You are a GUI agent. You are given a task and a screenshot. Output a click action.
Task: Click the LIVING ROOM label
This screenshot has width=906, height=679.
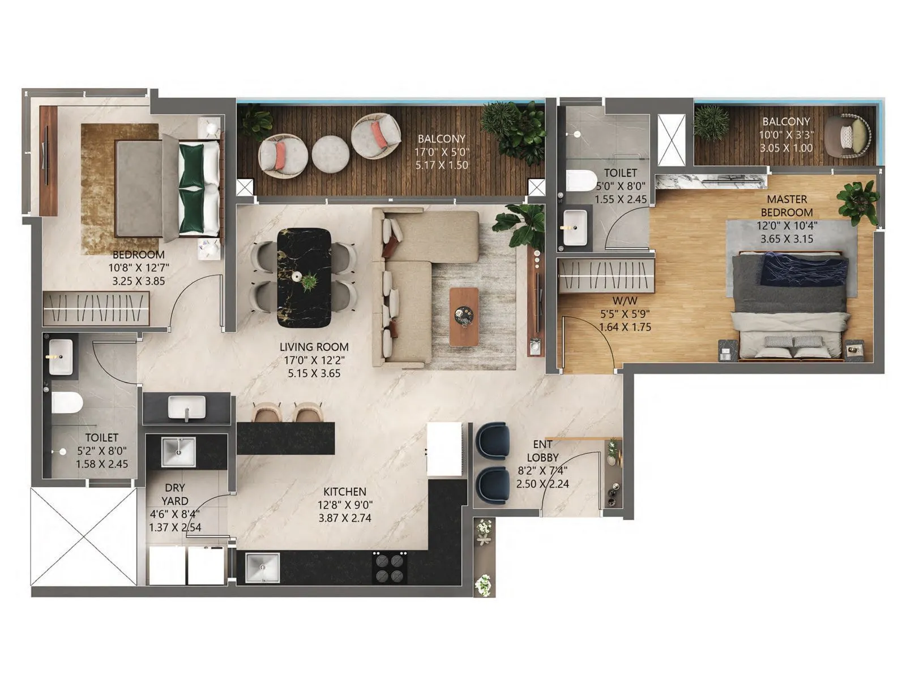314,347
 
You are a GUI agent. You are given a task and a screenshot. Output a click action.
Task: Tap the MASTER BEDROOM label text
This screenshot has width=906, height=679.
787,206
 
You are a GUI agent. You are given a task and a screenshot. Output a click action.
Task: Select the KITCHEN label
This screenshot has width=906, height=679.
345,492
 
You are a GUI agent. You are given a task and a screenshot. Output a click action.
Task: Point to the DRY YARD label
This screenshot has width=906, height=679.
175,494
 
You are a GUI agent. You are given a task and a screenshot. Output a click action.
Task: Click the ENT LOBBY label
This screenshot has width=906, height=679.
542,451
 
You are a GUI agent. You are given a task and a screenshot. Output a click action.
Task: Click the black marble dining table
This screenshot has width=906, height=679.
304,277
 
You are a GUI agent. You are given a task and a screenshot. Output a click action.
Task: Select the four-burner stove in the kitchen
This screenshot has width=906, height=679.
390,568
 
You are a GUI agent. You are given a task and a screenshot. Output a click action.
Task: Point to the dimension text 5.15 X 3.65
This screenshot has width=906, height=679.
314,373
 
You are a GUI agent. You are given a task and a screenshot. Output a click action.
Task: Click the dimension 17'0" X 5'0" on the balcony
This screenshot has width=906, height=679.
442,152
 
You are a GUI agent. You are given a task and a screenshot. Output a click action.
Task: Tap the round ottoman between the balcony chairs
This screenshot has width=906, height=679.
331,153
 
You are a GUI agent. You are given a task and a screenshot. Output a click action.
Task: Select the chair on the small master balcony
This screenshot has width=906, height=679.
848,136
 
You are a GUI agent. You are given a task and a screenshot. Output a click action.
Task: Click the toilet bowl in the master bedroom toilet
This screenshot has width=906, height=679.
580,181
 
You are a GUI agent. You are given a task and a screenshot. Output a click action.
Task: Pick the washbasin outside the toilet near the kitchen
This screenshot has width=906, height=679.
187,407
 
